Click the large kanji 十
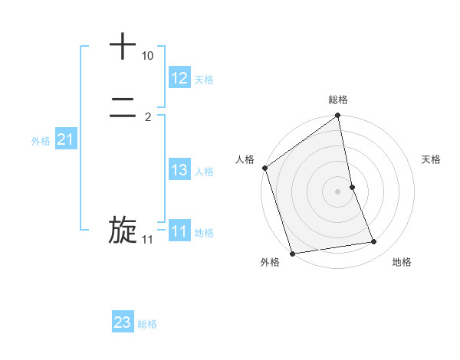pos(123,46)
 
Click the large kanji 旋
pos(123,231)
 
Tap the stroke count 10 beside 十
pos(147,57)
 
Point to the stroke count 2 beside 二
pos(147,117)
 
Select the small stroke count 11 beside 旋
pos(147,240)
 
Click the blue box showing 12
pos(179,78)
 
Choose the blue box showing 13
pos(179,170)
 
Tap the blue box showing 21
pos(66,139)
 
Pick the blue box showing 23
pos(123,322)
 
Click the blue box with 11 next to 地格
pos(179,231)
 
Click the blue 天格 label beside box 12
pos(204,80)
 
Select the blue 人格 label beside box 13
pos(204,172)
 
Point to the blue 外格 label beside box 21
pos(41,141)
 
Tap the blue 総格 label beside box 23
pos(147,324)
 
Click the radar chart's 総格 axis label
pos(338,100)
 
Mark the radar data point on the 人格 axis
pos(265,168)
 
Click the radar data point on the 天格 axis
pos(352,187)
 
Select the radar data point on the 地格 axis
pos(374,242)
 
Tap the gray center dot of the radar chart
pos(338,191)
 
